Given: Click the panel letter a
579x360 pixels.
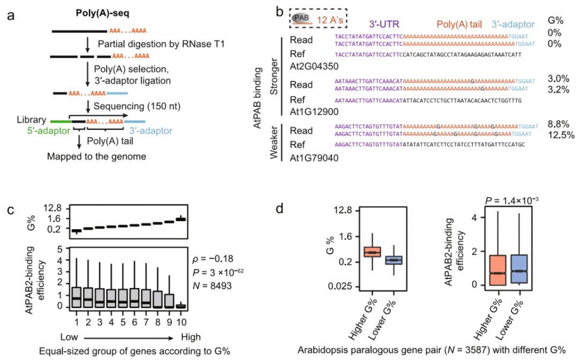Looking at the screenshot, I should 12,12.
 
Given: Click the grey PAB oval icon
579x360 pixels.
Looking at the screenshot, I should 301,18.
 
